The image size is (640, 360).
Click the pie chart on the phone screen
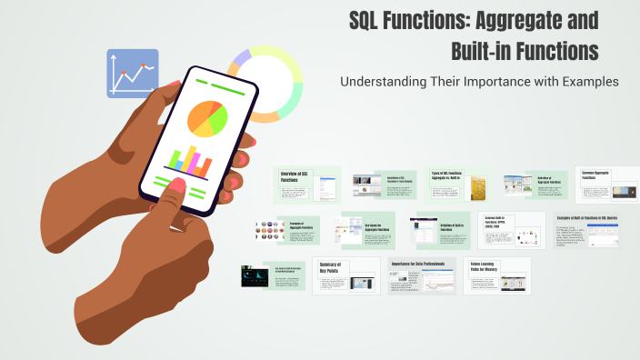pyautogui.click(x=206, y=118)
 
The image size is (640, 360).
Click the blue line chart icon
pyautogui.click(x=133, y=74)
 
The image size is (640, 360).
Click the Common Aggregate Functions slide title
pyautogui.click(x=599, y=176)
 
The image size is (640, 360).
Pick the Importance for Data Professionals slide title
pyautogui.click(x=423, y=263)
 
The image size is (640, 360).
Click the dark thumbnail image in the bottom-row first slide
pyautogui.click(x=254, y=276)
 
